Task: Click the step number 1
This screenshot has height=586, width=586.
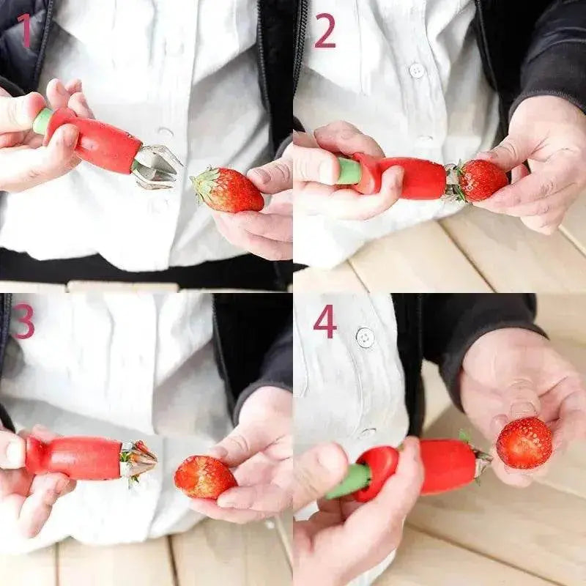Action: [x=25, y=31]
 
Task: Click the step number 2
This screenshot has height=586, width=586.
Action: [x=324, y=31]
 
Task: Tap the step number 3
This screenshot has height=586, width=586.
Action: [x=23, y=321]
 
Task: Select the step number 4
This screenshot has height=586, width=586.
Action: [x=324, y=321]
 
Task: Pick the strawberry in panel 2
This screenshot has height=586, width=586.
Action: [x=483, y=179]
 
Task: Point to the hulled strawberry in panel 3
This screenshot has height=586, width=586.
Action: [x=204, y=477]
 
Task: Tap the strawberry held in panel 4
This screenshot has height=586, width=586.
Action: [x=524, y=442]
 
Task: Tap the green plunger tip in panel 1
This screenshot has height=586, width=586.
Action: [x=42, y=121]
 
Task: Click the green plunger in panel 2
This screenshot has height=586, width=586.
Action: [x=349, y=171]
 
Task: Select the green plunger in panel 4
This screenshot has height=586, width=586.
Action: [x=349, y=481]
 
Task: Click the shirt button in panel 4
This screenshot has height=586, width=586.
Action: [x=364, y=337]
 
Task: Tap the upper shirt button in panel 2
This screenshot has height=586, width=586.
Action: [x=417, y=70]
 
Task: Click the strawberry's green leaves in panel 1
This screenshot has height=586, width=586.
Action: [x=203, y=183]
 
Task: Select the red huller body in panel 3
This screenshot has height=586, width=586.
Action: [x=73, y=458]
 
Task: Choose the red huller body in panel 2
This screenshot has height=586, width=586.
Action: [x=414, y=178]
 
